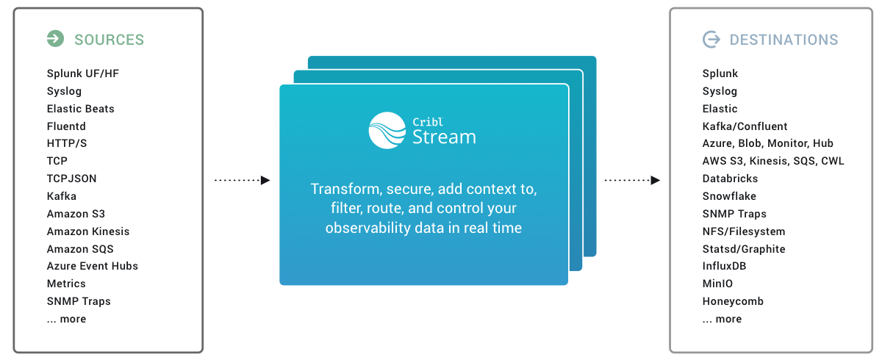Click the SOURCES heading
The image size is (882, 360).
tap(109, 40)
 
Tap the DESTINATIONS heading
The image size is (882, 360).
tap(784, 40)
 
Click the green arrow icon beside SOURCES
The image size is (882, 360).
tap(55, 39)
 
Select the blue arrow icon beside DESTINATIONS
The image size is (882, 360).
tap(711, 39)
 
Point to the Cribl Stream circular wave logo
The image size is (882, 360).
tap(387, 130)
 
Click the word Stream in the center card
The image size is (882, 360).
tap(444, 137)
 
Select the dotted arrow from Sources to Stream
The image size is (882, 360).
tap(242, 180)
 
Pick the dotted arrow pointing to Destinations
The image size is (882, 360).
tap(631, 180)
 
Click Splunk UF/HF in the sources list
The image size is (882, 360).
tap(82, 73)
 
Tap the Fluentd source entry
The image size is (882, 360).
tap(66, 126)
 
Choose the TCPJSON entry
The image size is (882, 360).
tap(71, 179)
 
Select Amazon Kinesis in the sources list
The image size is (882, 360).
tap(88, 231)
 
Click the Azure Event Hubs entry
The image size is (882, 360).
tap(93, 266)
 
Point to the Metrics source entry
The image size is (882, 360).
tap(66, 284)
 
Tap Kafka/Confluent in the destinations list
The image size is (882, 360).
tap(745, 126)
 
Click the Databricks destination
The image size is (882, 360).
tap(730, 179)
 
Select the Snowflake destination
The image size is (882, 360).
tap(729, 196)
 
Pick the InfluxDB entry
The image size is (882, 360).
tap(725, 266)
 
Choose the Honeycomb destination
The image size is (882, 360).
tap(733, 301)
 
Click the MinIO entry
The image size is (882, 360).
tap(717, 284)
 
